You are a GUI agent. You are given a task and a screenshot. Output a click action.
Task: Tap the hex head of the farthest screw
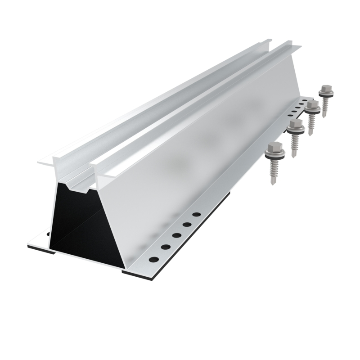(325, 88)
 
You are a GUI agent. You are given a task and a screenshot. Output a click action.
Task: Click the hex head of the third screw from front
(312, 105)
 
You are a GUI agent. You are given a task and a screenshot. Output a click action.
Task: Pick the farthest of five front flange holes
(196, 214)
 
